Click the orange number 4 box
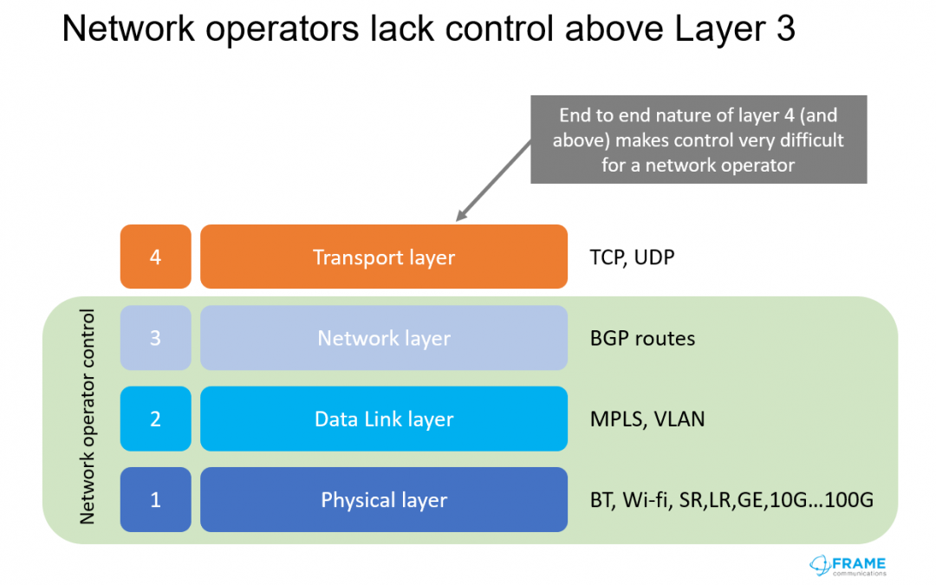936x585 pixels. coord(155,257)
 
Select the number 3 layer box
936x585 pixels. coord(155,338)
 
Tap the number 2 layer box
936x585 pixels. coord(155,419)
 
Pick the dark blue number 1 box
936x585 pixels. coord(155,500)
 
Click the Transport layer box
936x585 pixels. coord(384,257)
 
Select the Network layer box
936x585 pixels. coord(384,338)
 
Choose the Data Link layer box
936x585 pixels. coord(384,419)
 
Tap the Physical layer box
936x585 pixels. coord(384,500)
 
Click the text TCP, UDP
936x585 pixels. coord(632,257)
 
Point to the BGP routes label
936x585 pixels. coord(642,339)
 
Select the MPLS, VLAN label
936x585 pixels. coord(647,419)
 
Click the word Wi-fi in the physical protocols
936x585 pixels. coord(646,500)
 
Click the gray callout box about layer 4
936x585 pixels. coord(699,139)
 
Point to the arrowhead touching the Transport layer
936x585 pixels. coord(461,216)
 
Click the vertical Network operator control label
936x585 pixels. coord(88,417)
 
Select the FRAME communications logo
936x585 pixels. coord(848,566)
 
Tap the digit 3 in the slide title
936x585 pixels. coord(786,29)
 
